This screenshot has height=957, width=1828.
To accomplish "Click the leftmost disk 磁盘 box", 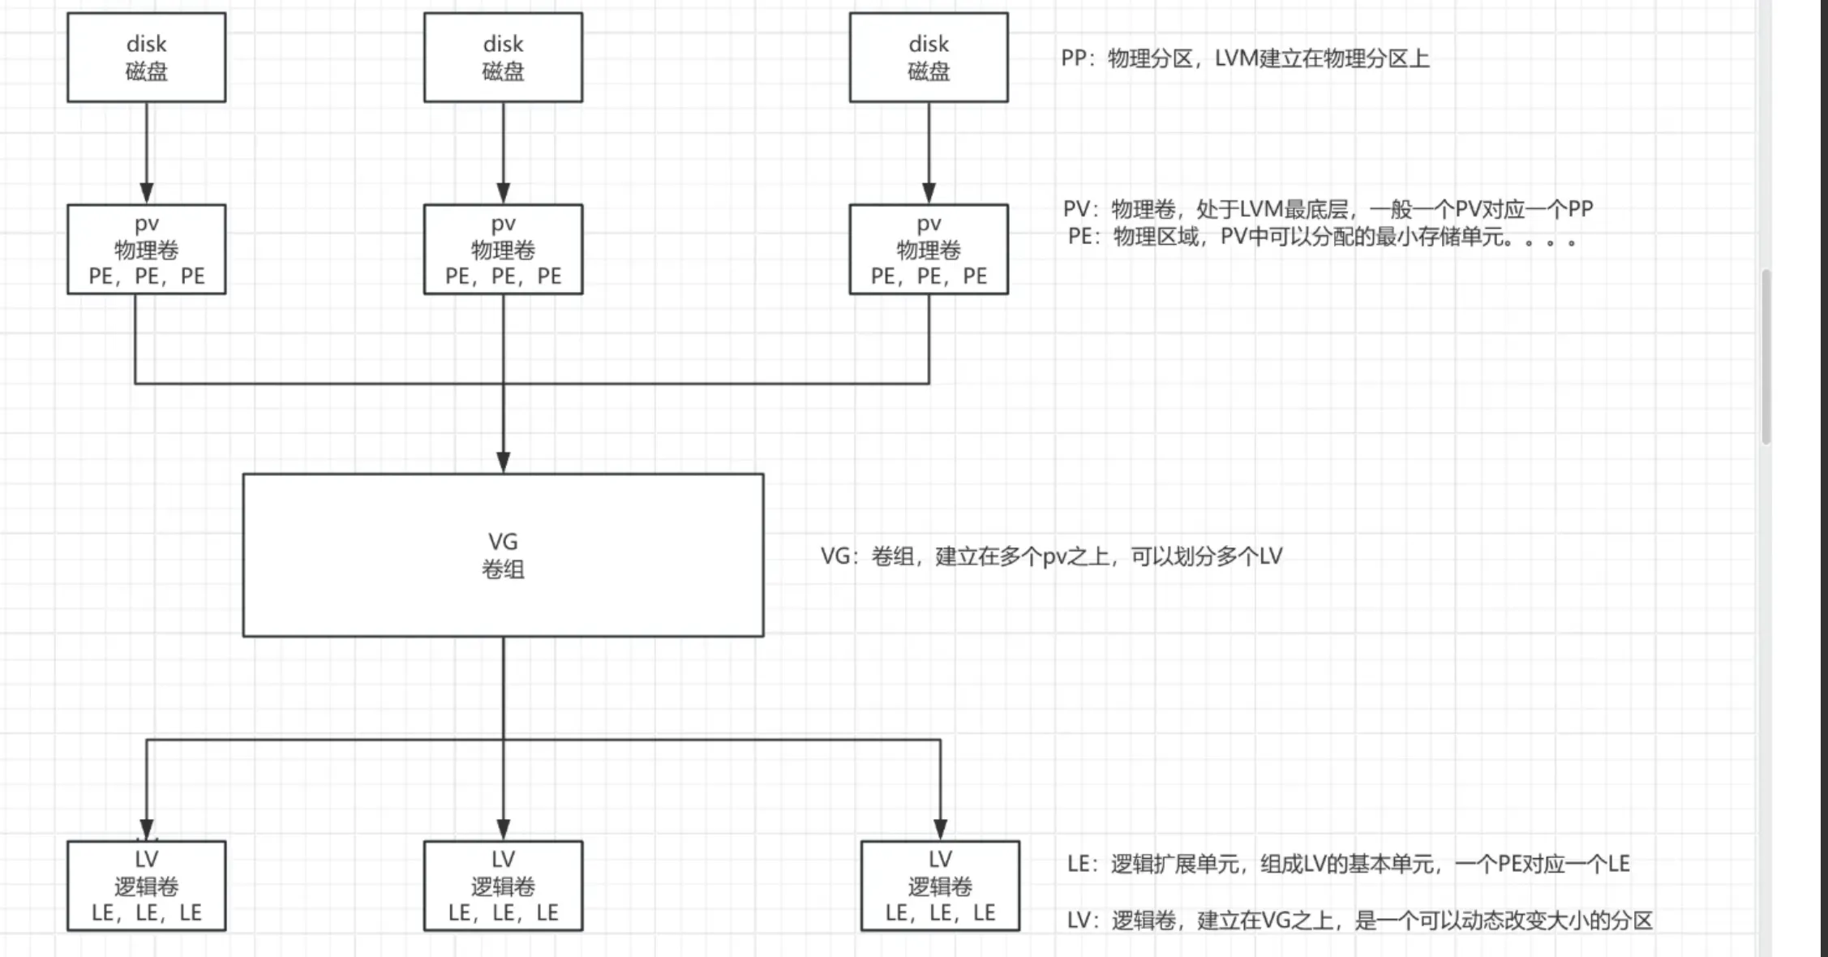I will [146, 57].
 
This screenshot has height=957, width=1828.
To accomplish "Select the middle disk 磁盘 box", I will [503, 57].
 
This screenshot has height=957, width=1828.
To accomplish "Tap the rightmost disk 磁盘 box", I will [929, 57].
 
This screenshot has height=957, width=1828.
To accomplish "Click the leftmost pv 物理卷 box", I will [146, 249].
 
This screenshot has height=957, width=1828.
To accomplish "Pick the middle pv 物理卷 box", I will [503, 249].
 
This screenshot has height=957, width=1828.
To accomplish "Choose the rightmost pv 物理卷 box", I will [929, 249].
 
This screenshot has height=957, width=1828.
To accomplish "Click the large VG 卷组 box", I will [503, 555].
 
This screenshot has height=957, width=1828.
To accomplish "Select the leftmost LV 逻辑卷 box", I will [146, 886].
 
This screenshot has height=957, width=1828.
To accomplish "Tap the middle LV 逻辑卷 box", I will [503, 886].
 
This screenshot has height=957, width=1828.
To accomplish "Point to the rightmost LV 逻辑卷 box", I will [940, 886].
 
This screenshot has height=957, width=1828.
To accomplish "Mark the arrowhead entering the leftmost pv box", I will [147, 193].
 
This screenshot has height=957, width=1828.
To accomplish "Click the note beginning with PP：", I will [1245, 58].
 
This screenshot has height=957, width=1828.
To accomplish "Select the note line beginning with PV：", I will [1328, 209].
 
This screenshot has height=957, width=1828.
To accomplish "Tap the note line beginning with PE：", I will [1322, 238].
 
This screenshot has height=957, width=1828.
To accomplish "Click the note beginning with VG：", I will [1051, 556].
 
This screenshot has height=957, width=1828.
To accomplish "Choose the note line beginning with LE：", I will [1348, 865].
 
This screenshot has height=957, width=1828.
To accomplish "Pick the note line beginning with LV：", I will [1359, 921].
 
